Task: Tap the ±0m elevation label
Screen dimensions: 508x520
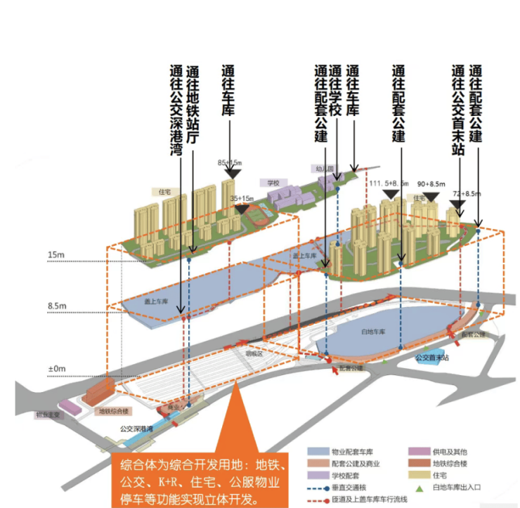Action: point(56,368)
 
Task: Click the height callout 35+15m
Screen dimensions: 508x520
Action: point(242,199)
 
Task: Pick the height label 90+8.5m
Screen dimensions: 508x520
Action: point(430,183)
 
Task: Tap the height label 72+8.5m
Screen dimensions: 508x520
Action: point(466,193)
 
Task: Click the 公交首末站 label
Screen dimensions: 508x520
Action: point(430,358)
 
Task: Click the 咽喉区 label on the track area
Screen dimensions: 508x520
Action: point(253,356)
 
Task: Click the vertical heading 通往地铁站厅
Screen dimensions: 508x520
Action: point(191,105)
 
